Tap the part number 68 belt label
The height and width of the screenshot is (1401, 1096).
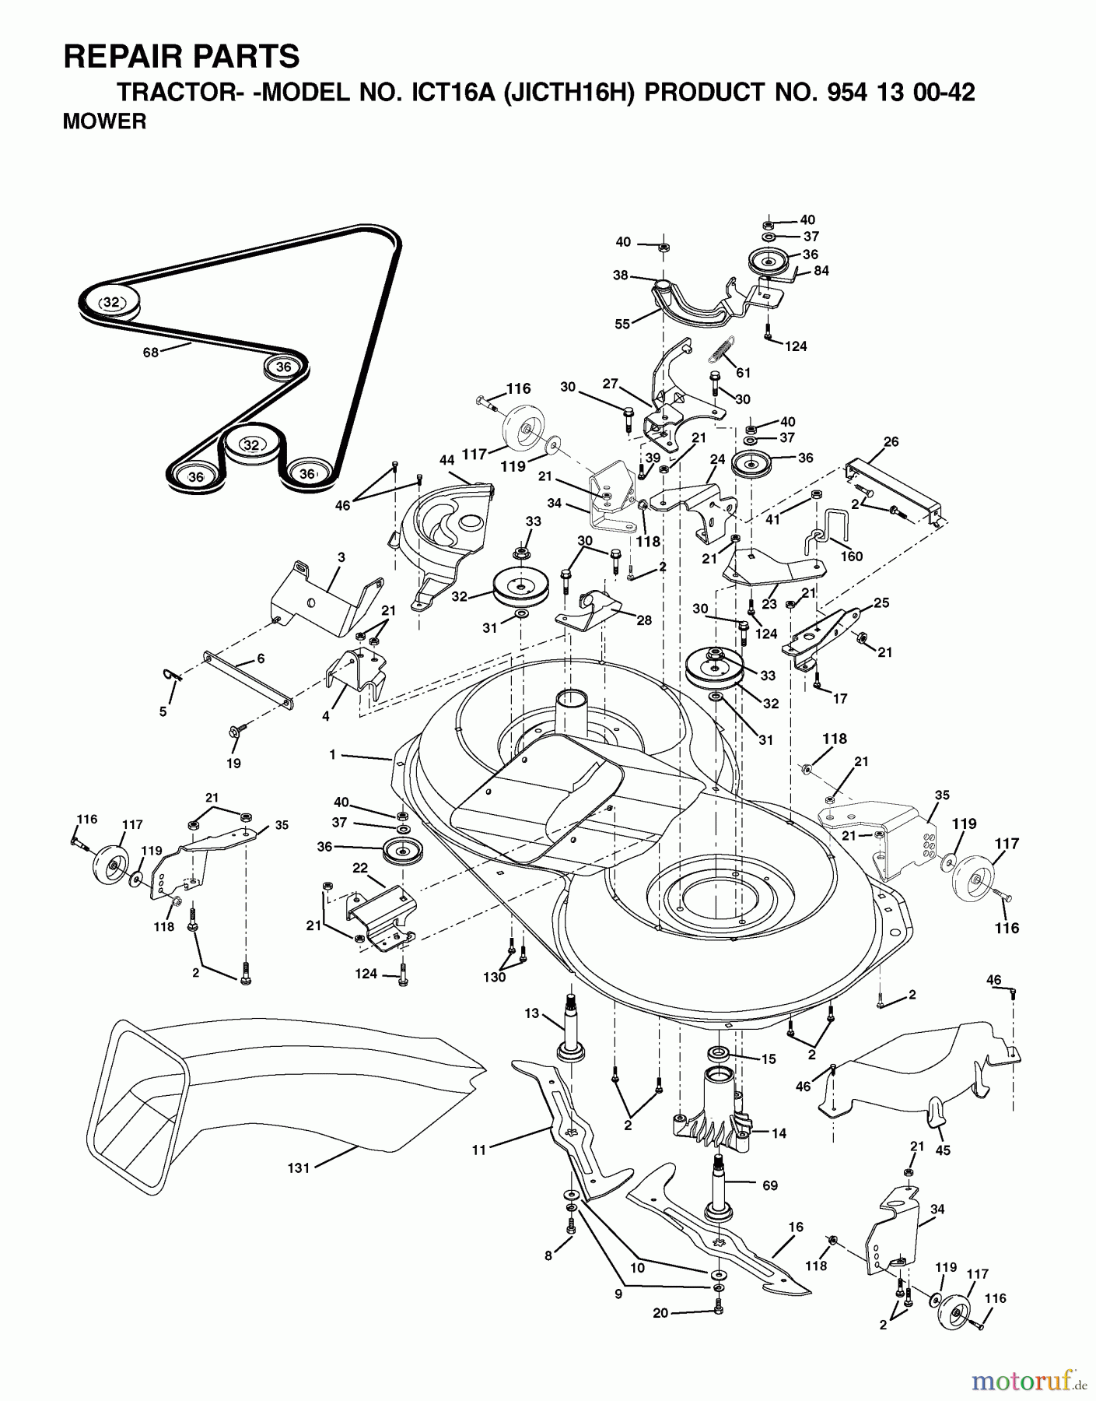[150, 352]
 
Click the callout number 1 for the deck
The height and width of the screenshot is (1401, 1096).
[332, 754]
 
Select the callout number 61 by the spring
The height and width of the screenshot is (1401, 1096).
[743, 373]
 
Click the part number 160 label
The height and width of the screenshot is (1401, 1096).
[851, 556]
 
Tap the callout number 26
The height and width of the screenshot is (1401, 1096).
[891, 441]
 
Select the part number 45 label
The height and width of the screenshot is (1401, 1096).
[944, 1150]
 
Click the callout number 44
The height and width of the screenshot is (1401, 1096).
[446, 460]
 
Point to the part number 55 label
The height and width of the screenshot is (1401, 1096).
[622, 324]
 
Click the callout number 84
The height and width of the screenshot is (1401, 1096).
[821, 270]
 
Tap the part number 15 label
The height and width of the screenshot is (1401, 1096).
[768, 1059]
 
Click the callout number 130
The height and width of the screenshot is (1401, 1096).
[495, 977]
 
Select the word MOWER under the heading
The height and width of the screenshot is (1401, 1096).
[104, 122]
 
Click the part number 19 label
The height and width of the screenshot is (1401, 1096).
[233, 763]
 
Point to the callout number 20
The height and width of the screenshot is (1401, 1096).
[660, 1313]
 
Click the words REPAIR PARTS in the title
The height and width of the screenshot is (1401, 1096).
[180, 57]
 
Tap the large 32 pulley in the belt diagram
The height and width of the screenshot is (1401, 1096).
[111, 302]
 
